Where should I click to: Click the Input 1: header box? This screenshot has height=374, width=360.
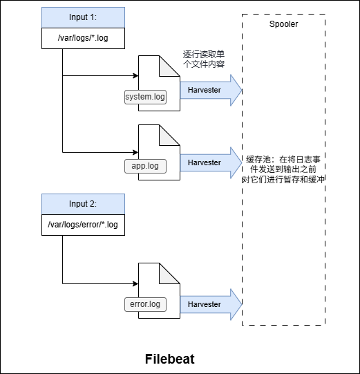tap(83, 17)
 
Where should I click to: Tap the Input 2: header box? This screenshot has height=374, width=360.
tap(83, 204)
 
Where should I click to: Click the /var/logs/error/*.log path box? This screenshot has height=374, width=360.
tap(83, 225)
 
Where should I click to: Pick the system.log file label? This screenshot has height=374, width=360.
tap(145, 97)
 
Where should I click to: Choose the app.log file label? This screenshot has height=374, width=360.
tap(145, 166)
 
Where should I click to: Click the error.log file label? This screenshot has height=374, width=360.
tap(145, 304)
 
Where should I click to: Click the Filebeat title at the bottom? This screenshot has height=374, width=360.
tap(170, 359)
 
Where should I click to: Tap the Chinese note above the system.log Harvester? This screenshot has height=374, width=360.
tap(203, 59)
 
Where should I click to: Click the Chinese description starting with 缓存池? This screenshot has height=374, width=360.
tap(283, 169)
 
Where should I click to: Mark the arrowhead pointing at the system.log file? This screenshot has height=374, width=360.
tap(135, 75)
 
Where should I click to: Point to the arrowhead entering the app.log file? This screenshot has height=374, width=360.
tap(135, 150)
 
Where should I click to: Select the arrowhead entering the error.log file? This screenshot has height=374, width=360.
tap(135, 283)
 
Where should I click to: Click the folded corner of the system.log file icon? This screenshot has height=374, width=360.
tap(172, 64)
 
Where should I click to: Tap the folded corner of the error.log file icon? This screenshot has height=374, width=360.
tap(172, 272)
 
